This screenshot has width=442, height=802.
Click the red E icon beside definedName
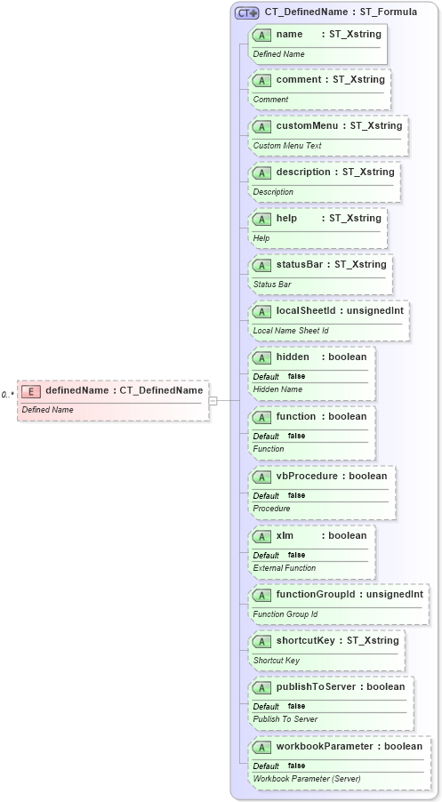click(31, 390)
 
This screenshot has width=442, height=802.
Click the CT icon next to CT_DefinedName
click(247, 13)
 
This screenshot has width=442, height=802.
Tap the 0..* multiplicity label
click(7, 395)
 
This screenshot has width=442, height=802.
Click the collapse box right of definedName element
click(213, 401)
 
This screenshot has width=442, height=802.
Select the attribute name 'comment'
click(299, 80)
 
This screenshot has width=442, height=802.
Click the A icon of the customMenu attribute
click(262, 126)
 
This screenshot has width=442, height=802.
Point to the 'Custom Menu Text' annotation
click(287, 146)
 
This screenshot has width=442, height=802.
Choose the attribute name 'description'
click(303, 172)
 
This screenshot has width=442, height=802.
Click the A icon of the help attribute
click(262, 219)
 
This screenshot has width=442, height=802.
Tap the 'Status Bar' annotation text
click(272, 285)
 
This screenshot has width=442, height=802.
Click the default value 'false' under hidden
click(296, 376)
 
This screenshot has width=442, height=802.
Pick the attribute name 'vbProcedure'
click(308, 476)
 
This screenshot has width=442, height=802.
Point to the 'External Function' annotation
click(285, 568)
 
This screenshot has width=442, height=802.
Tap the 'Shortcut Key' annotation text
click(277, 661)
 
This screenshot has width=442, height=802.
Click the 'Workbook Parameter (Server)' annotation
click(307, 779)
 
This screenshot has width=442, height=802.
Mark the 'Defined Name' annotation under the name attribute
click(278, 54)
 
